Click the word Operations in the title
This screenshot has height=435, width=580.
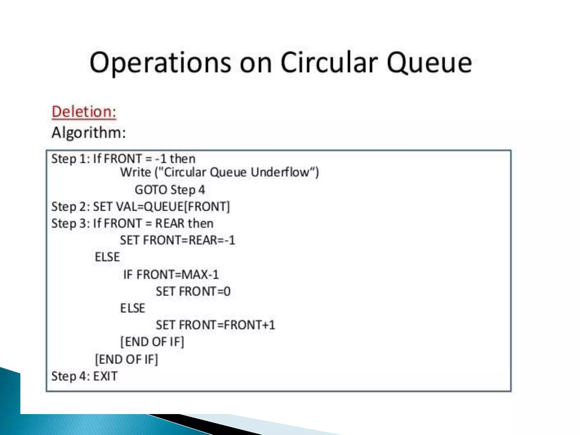[x=160, y=63]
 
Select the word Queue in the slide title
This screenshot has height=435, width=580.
[x=429, y=63]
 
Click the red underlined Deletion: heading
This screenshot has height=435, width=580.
[x=84, y=112]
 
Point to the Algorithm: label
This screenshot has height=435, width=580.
[x=89, y=133]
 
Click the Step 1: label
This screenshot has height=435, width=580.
[x=71, y=159]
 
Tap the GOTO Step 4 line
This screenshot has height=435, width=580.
[x=170, y=190]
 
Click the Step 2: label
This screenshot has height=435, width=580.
[x=71, y=207]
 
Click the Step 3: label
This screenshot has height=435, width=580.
[x=71, y=223]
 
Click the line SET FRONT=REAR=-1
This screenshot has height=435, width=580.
[x=178, y=240]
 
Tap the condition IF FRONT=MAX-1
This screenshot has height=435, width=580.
[x=171, y=274]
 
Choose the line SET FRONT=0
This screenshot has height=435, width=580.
[x=193, y=291]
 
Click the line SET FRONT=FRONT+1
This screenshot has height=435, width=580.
[x=215, y=325]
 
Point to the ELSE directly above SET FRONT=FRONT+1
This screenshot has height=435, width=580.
[x=133, y=308]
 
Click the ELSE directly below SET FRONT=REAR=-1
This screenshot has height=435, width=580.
[x=107, y=257]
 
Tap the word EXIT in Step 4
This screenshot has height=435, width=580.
[x=105, y=376]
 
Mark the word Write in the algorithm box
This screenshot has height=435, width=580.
[x=135, y=172]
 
